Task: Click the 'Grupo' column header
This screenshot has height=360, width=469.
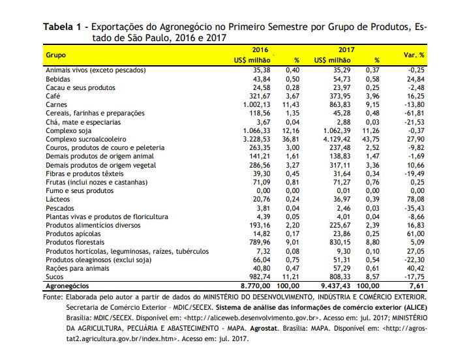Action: [55, 55]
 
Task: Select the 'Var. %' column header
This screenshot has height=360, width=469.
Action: [414, 55]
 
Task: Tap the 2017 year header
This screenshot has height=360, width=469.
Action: [346, 50]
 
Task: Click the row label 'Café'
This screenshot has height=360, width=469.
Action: [53, 96]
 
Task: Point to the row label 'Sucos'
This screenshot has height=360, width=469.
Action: [54, 277]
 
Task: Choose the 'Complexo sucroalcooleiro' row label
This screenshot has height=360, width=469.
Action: [86, 140]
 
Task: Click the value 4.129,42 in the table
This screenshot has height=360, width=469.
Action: [337, 140]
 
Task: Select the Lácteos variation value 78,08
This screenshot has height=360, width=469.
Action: [416, 199]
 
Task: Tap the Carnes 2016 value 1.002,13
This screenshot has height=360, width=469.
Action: [256, 104]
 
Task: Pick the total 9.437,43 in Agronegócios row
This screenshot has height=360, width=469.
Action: [335, 286]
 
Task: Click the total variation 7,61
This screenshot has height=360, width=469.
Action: [417, 286]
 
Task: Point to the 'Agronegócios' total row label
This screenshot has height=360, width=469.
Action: [67, 286]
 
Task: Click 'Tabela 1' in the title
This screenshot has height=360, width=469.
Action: [62, 27]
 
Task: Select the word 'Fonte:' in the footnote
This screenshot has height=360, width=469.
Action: [53, 297]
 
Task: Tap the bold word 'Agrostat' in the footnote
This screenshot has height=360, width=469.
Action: [264, 328]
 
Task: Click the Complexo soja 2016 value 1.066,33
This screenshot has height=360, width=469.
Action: [256, 130]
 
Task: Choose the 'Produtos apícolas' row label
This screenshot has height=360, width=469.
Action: [73, 234]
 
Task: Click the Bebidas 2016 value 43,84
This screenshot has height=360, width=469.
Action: [262, 79]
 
